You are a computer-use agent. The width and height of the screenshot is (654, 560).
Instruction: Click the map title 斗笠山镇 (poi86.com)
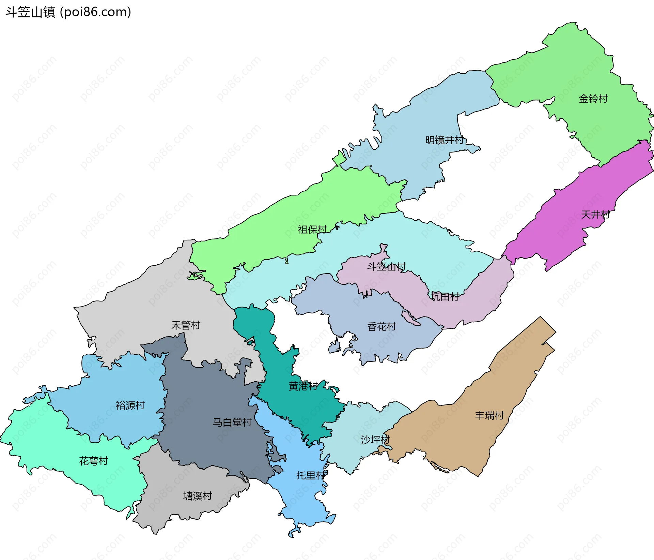tap(68, 12)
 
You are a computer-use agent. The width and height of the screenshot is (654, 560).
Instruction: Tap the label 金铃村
tap(593, 99)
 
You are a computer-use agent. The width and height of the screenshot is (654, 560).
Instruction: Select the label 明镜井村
tap(444, 140)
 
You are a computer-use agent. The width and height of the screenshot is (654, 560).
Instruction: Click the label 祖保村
tap(312, 230)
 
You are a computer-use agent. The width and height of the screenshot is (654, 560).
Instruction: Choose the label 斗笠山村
tap(386, 267)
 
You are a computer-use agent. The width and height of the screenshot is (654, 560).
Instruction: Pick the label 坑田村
tap(445, 297)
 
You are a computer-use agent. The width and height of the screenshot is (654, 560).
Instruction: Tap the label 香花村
tap(381, 327)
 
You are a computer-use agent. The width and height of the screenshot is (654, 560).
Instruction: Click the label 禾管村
tap(186, 325)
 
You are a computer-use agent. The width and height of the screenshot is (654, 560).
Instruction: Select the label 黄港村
tap(303, 386)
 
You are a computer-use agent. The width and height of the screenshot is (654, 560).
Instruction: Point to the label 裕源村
tap(130, 405)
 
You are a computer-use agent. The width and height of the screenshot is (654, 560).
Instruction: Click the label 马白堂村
tap(232, 422)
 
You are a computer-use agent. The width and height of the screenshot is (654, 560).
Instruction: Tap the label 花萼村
tap(93, 461)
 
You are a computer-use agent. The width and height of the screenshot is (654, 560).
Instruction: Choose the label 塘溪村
tap(198, 496)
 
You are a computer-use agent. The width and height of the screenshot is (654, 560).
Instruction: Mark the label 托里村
tap(310, 475)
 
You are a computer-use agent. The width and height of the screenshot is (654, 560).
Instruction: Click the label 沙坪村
tap(375, 440)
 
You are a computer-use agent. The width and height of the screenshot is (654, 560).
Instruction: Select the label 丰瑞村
tap(489, 415)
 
